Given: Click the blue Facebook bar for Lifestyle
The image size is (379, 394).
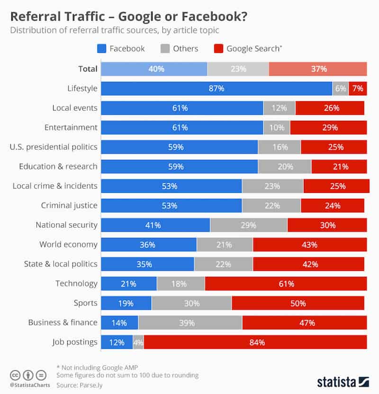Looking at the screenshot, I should point(217,88).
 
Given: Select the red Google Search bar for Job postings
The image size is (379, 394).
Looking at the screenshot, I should point(255,342).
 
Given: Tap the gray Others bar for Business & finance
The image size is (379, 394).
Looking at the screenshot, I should point(190,323).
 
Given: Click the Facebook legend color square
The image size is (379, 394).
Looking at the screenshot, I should point(101,48).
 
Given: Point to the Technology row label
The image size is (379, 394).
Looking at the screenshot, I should point(76,283).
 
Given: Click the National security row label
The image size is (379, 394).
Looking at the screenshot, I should point(66,225).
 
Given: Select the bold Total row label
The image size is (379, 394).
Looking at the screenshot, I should point(88,69).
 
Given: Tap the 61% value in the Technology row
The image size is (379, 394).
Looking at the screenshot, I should point(286,284).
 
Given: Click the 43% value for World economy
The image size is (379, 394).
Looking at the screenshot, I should point(309,245).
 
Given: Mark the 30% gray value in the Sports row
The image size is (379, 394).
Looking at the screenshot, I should point(191,303).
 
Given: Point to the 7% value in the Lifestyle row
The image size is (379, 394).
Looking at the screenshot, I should point(357,88).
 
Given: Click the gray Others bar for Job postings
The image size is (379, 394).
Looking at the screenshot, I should point(138,342).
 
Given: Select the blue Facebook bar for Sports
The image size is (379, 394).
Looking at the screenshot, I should point(126,303).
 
